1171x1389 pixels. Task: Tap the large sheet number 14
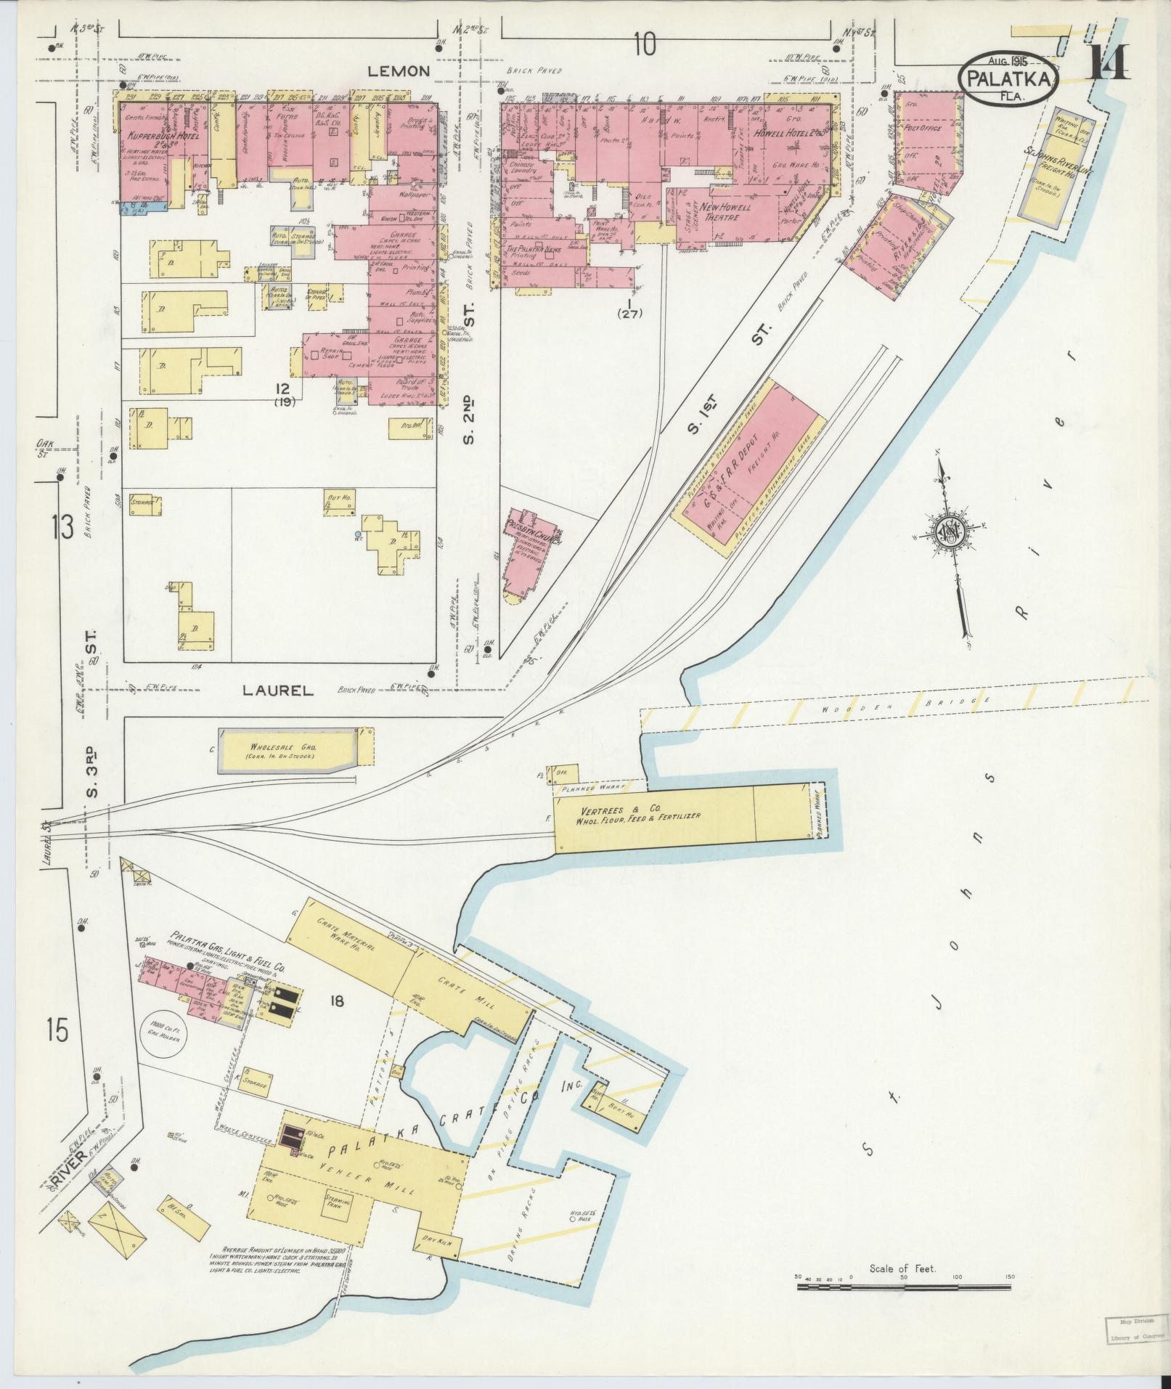[1108, 62]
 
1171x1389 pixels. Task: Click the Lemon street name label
[399, 71]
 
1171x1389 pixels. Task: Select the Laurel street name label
[279, 692]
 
